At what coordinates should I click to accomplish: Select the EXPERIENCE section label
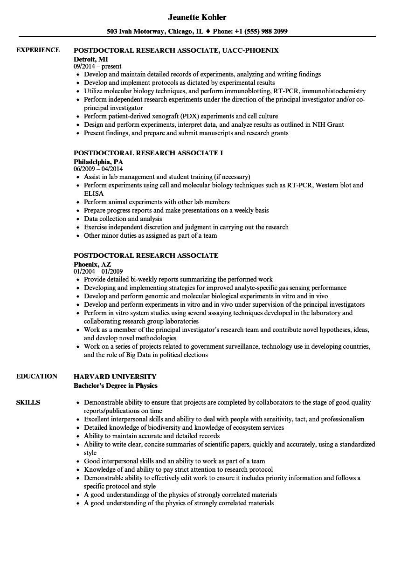pos(38,50)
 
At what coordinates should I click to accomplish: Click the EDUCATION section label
pos(37,376)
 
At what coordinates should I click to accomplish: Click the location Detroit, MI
pos(91,58)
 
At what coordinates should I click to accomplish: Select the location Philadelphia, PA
pos(98,161)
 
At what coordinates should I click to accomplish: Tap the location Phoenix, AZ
pos(92,263)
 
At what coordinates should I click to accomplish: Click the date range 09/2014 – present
pos(97,66)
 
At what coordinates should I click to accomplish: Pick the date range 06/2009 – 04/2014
pos(98,169)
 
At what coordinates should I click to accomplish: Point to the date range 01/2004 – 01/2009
pos(98,271)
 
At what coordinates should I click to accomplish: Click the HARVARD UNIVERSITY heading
pos(115,376)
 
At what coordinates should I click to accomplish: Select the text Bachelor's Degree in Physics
pos(116,385)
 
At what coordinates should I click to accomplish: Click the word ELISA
pos(94,193)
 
